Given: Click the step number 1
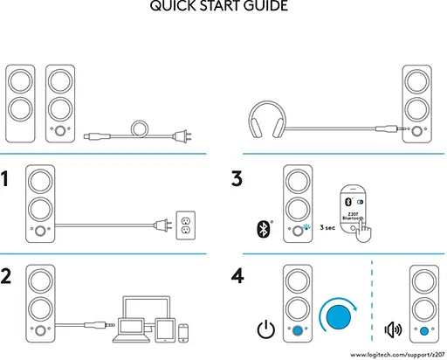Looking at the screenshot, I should point(7,179).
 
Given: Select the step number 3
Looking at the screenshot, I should point(237,179).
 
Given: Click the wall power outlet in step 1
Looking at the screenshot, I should point(184,224).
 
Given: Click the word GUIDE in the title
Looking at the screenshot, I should point(261,7).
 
